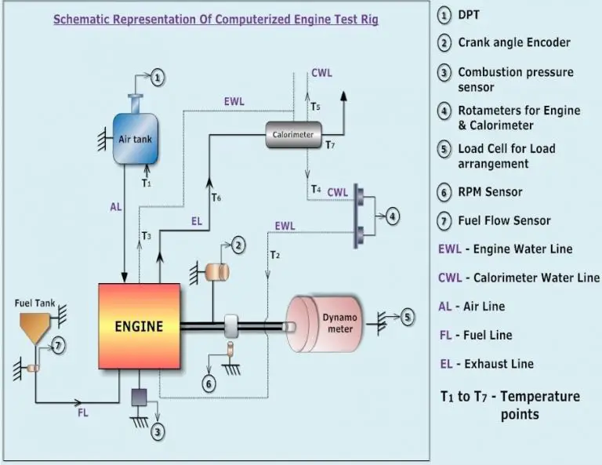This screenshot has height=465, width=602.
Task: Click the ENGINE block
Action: (x=139, y=325)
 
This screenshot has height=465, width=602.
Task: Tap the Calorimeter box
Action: (x=292, y=134)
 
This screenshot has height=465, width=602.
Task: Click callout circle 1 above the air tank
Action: (x=158, y=77)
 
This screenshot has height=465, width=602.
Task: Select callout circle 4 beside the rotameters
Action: (x=393, y=214)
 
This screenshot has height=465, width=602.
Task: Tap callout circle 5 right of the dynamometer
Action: (x=407, y=318)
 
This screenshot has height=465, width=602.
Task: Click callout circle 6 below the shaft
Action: (x=209, y=383)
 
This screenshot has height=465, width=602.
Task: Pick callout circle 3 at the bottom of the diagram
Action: (x=159, y=430)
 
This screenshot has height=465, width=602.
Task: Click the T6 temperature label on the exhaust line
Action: (x=216, y=198)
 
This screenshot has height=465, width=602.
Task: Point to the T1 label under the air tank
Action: (x=145, y=183)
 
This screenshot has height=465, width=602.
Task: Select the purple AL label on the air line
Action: (x=115, y=208)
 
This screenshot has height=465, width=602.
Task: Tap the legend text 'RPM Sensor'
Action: (x=490, y=192)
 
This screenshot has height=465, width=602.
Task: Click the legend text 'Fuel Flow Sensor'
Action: (x=504, y=221)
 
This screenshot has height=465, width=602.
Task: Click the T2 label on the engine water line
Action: (x=274, y=255)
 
